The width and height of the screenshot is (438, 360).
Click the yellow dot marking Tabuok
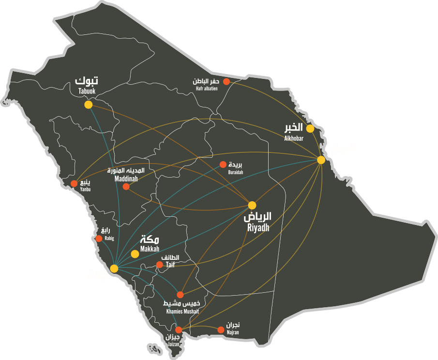pyautogui.click(x=88, y=105)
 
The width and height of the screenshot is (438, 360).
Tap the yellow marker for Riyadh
pyautogui.click(x=252, y=205)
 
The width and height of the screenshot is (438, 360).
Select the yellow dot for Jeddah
pyautogui.click(x=114, y=269)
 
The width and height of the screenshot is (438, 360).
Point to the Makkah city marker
pyautogui.click(x=135, y=254)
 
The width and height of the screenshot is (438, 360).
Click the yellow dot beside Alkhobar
pyautogui.click(x=310, y=129)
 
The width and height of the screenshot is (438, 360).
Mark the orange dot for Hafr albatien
pyautogui.click(x=226, y=81)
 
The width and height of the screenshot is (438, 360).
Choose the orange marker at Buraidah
pyautogui.click(x=223, y=164)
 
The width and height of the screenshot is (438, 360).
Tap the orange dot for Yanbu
pyautogui.click(x=74, y=183)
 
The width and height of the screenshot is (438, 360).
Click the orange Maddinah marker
pyautogui.click(x=126, y=186)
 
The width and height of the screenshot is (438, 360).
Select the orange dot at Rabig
pyautogui.click(x=99, y=239)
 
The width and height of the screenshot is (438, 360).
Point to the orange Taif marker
pyautogui.click(x=159, y=264)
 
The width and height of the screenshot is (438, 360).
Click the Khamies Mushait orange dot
pyautogui.click(x=180, y=294)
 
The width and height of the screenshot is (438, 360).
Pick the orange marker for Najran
pyautogui.click(x=221, y=330)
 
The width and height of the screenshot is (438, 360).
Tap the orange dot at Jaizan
pyautogui.click(x=179, y=330)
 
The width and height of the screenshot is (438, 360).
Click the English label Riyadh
pyautogui.click(x=258, y=227)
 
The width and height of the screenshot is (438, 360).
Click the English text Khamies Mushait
pyautogui.click(x=182, y=312)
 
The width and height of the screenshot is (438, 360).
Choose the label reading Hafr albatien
pyautogui.click(x=207, y=89)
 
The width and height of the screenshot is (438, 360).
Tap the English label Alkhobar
pyautogui.click(x=294, y=138)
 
